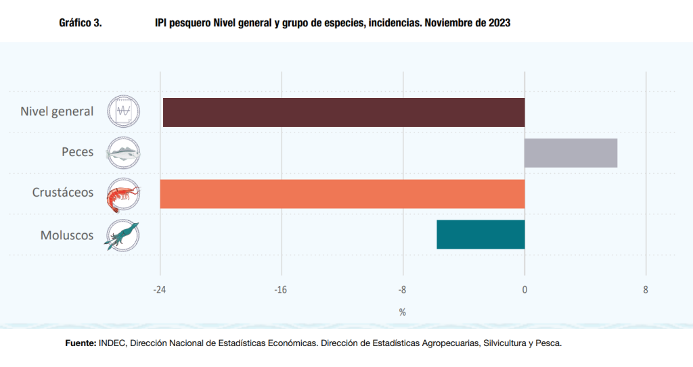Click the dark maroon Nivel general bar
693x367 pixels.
tap(344, 112)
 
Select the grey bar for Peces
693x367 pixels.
tap(571, 153)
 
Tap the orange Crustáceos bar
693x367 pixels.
tap(342, 193)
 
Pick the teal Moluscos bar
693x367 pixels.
tap(480, 235)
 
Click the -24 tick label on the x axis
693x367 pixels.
tap(160, 290)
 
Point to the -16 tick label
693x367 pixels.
tap(281, 290)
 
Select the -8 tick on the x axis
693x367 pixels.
tap(402, 290)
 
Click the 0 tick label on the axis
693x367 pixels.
tap(524, 290)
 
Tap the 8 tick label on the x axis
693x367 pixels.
tap(646, 290)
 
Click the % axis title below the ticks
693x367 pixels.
tap(402, 312)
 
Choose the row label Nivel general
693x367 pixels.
tap(57, 112)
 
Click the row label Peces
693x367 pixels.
tap(77, 152)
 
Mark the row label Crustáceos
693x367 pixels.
tap(63, 193)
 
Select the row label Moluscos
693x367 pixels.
tap(67, 235)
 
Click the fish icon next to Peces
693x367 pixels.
tap(123, 153)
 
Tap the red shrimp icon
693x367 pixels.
tap(123, 194)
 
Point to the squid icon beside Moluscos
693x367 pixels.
tap(122, 235)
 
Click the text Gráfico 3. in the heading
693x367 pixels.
tap(81, 23)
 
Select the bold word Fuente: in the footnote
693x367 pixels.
tap(81, 343)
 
